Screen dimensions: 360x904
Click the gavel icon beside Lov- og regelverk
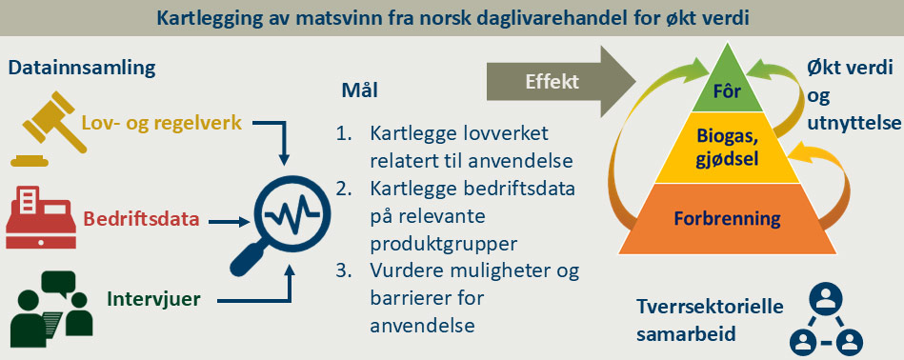click(43, 130)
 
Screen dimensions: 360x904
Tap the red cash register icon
click(38, 216)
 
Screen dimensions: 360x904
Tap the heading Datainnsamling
click(82, 69)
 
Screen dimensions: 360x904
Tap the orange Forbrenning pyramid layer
click(727, 219)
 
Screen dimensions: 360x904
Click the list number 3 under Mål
click(344, 272)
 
